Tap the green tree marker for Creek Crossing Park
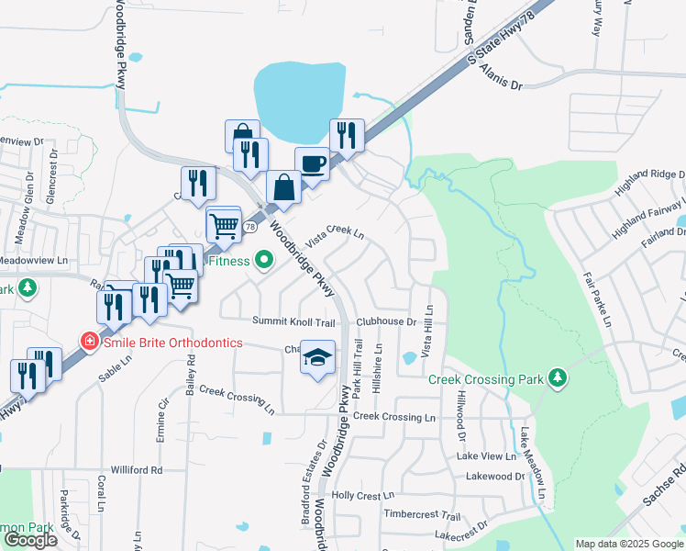pos(557,377)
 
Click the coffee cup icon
pos(313,164)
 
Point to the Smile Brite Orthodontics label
pos(171,343)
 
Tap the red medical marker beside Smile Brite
pos(90,342)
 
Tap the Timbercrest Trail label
pos(422,515)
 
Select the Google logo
pos(30,540)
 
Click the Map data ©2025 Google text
pos(627,544)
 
